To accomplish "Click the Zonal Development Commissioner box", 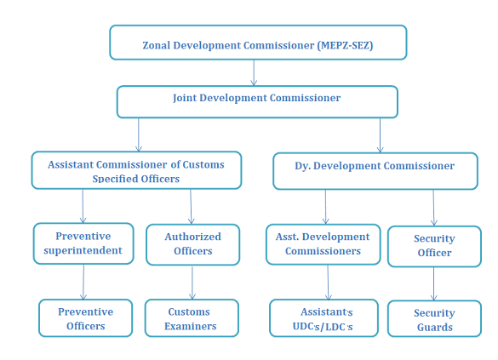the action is tap(258, 43).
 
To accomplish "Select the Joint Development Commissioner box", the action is tap(257, 102).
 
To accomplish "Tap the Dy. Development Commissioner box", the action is tap(375, 171).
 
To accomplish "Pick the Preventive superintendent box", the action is tap(83, 243).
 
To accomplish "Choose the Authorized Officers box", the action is tap(192, 244).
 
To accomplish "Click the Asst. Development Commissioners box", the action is tap(323, 244).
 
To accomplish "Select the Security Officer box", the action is tap(434, 246).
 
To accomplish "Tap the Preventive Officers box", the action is tap(85, 317).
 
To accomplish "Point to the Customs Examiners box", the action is tap(192, 317).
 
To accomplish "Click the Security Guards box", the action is tap(434, 319).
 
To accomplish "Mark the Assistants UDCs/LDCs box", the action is tap(323, 317).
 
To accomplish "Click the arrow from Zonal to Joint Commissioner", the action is tap(254, 72).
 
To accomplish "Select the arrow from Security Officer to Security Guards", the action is tap(434, 283).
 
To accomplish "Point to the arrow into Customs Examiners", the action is tap(192, 283).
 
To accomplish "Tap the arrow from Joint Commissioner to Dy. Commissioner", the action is tap(381, 135).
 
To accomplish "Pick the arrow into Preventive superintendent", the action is tap(83, 206).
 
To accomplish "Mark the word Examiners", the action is tap(191, 326).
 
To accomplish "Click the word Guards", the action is tap(435, 327).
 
